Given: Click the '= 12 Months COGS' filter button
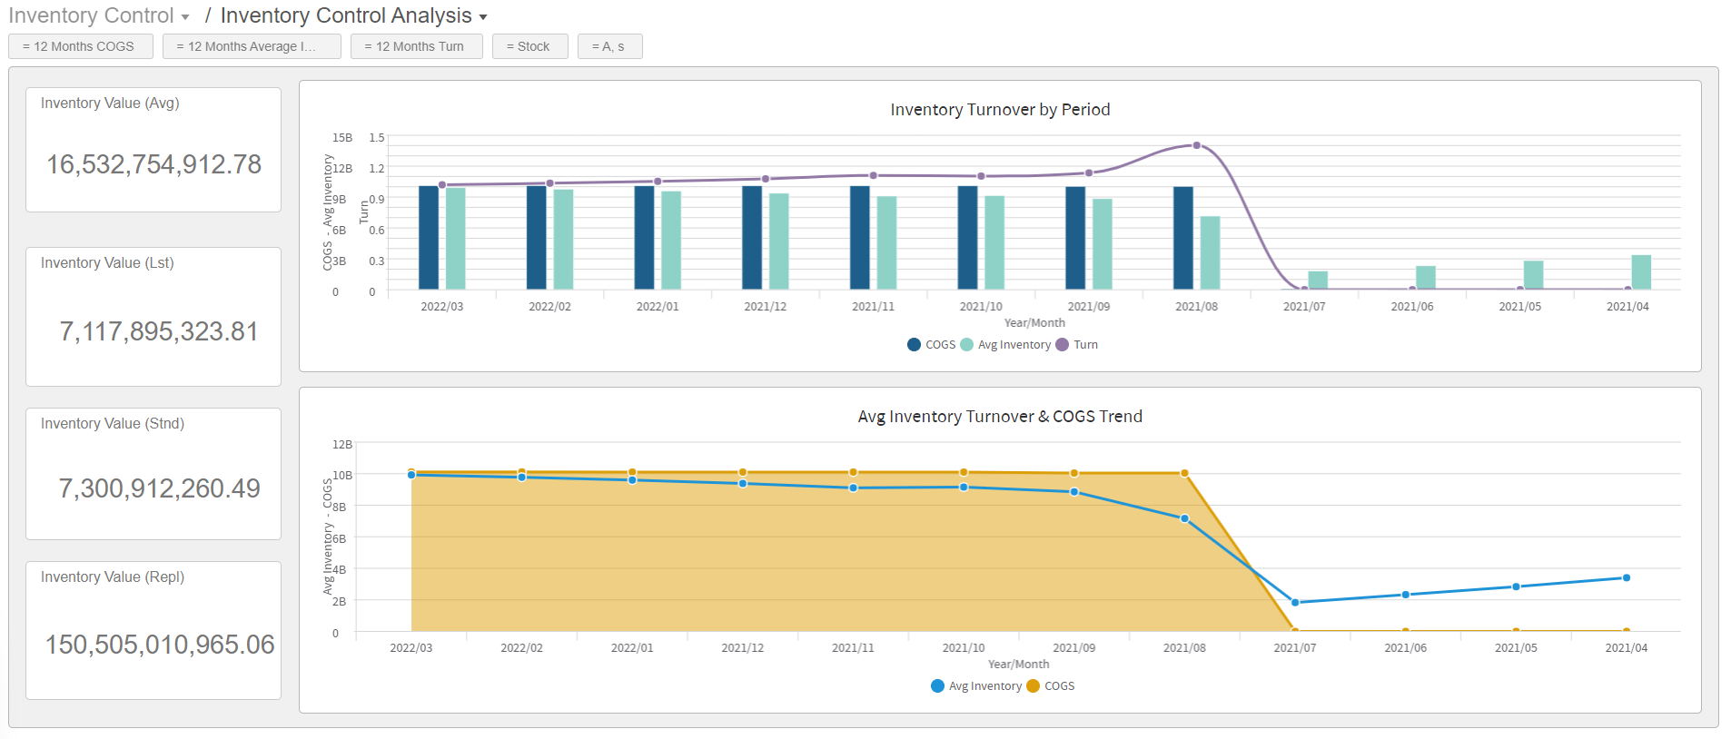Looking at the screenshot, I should [80, 46].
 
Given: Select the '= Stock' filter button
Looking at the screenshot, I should [529, 46].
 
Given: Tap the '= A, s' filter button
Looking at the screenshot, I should [609, 46].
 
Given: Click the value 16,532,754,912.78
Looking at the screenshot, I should [153, 164].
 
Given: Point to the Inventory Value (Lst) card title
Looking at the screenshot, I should [107, 262].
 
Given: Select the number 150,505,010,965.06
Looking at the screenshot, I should [160, 645].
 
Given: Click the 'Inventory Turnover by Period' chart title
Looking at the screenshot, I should [1000, 110].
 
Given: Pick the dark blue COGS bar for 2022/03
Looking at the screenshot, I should [429, 238].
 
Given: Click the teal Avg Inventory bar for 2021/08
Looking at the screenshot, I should [1210, 252].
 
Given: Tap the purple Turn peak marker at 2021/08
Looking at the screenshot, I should [1196, 145].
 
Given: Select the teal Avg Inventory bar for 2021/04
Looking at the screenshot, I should [1641, 271].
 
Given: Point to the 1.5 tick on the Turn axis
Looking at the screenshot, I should [377, 138].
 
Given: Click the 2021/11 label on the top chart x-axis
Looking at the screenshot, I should [873, 307].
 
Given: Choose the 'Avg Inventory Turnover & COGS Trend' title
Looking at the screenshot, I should [1000, 417].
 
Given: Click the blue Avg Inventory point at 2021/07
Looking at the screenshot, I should [1295, 602].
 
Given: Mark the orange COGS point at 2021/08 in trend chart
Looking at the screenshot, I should [1184, 473].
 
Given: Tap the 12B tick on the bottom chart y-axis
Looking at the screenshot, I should [342, 445].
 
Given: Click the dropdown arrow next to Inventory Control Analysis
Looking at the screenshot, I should [483, 17].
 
